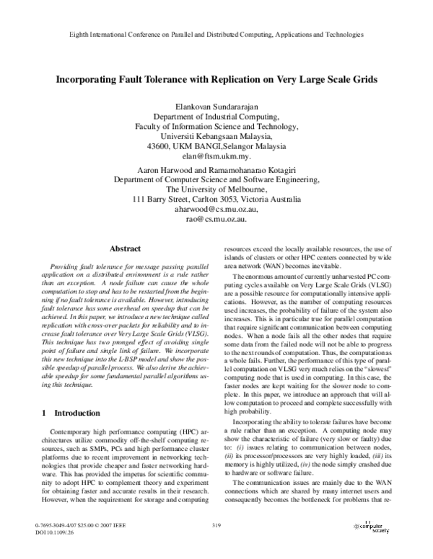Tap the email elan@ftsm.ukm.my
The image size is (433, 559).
point(216,156)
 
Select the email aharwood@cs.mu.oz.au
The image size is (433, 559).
point(216,208)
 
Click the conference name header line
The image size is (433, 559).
point(216,34)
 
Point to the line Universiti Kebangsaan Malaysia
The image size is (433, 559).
point(216,135)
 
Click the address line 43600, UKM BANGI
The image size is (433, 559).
point(216,146)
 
